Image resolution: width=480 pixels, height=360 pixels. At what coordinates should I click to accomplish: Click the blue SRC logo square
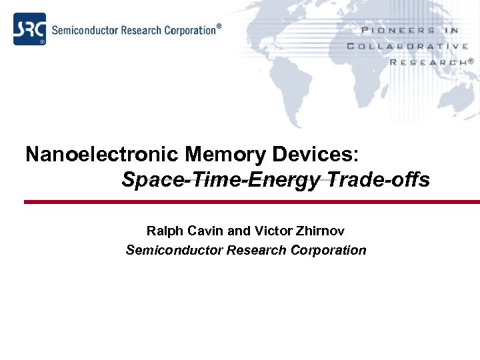coord(30,29)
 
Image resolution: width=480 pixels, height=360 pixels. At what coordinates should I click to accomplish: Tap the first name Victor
coord(272,231)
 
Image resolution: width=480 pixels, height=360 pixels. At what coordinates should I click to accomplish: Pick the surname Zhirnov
coord(319,231)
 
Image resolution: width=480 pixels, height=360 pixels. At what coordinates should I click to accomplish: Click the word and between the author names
coord(239,231)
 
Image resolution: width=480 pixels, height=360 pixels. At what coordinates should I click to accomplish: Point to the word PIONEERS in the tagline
coord(398,31)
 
